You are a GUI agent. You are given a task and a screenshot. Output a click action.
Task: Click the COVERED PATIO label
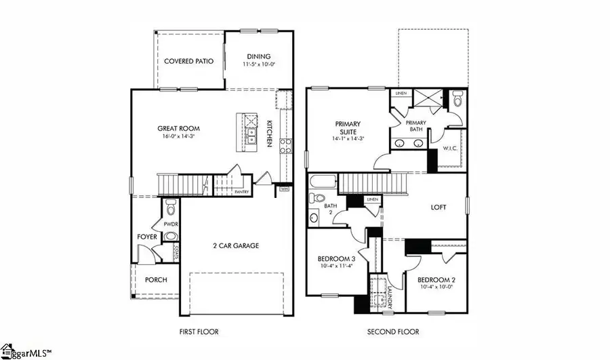point(189,61)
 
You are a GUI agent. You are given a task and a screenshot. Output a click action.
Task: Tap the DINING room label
point(259,56)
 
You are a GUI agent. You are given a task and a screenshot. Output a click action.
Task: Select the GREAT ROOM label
point(179,128)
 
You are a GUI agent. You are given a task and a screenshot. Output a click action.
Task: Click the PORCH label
point(156,280)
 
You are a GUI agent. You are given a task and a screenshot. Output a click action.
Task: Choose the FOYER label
point(148,237)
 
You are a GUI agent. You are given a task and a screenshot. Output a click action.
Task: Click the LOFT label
point(439,207)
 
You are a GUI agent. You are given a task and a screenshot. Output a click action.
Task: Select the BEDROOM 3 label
point(337,260)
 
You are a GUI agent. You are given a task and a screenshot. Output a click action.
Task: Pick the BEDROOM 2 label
point(435,280)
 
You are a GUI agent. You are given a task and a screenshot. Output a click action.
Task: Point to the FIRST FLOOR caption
point(199,332)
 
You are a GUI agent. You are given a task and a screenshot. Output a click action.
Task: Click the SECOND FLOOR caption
point(393,332)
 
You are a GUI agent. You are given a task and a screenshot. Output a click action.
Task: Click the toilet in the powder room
point(170,204)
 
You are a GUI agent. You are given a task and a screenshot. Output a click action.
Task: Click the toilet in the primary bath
point(457,100)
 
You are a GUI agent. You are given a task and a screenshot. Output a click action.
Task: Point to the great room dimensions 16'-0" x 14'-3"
point(179,137)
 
